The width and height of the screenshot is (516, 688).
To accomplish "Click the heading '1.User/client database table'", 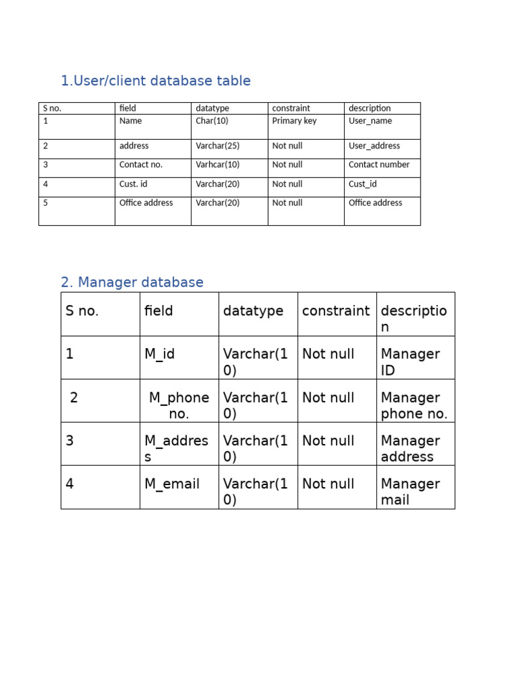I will (155, 81).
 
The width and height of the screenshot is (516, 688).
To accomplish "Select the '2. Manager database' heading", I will (132, 282).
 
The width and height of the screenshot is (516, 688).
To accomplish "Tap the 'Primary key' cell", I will (294, 121).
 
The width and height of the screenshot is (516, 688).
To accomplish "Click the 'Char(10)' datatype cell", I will (212, 121).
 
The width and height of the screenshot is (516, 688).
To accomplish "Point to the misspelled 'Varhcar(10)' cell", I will (217, 165).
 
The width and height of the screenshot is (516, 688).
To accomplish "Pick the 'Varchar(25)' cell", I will (217, 146).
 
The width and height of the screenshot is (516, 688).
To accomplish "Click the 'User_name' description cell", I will (370, 121).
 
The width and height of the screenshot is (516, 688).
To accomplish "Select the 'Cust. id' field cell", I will (133, 184).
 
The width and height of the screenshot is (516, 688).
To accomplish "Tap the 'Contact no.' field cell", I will (140, 165).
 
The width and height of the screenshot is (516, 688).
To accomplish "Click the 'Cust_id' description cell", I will (363, 184).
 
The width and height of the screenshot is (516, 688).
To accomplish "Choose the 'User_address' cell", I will (374, 146).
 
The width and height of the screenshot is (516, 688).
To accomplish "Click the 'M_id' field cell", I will (159, 354).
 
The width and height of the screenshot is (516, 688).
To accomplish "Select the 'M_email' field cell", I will (171, 484).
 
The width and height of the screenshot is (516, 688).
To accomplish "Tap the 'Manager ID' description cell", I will (410, 362).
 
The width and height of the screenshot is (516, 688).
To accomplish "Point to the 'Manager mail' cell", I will (410, 492).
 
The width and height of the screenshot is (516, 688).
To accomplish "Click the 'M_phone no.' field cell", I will (179, 405).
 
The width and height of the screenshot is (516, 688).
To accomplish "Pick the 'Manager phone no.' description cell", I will (413, 405).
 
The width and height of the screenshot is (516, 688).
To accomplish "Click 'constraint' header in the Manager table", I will (335, 311).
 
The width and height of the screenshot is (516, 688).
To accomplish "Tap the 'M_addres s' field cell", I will (176, 448).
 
